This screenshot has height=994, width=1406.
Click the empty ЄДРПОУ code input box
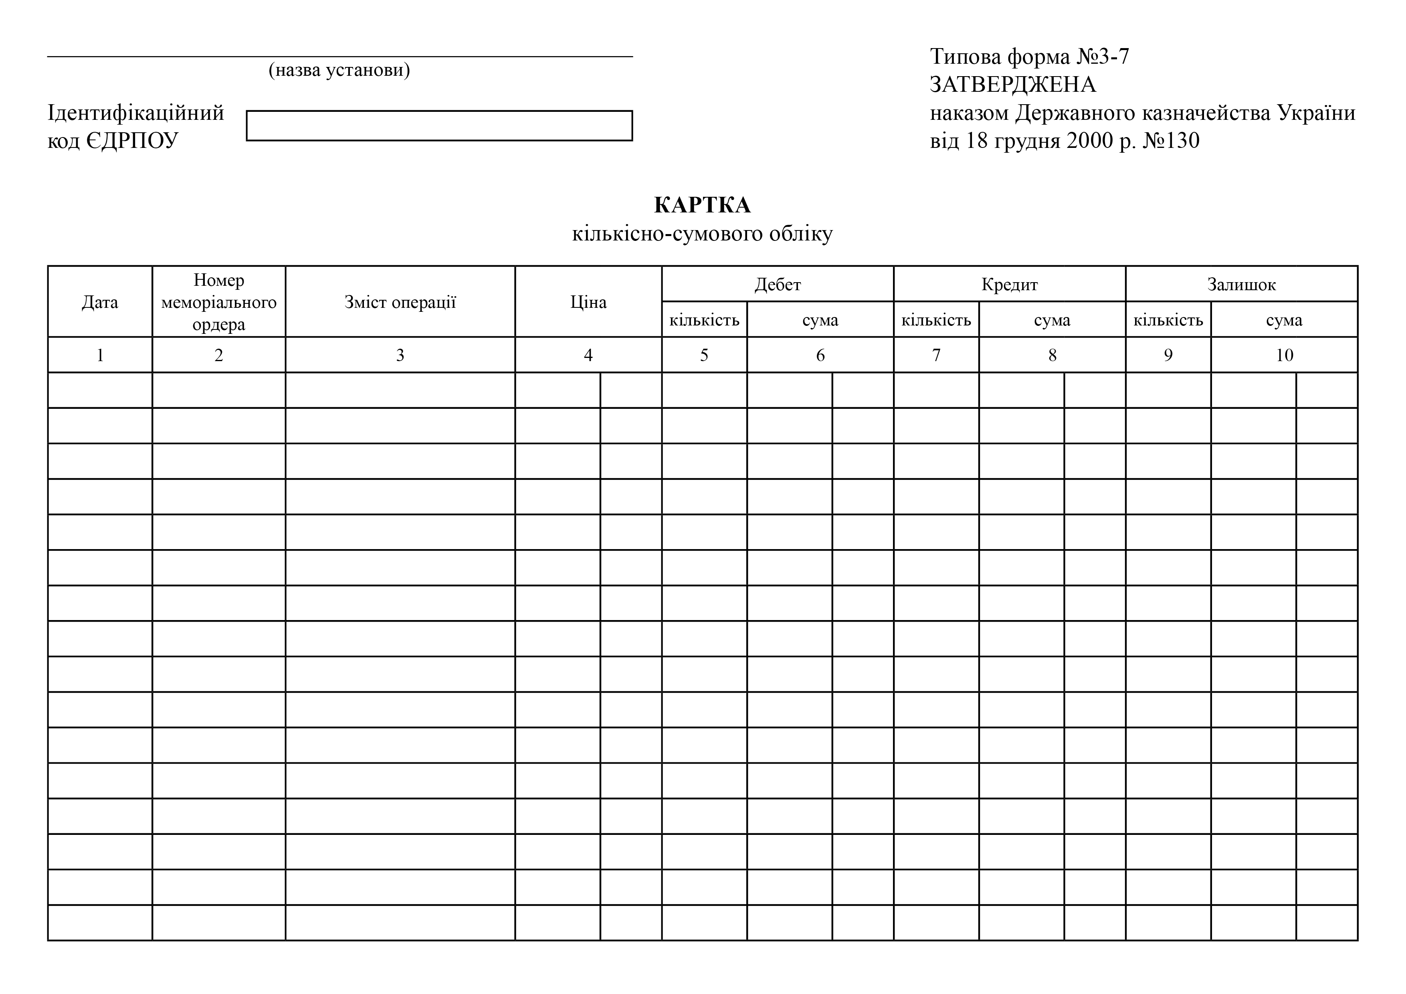(439, 125)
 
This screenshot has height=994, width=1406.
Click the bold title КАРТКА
(702, 205)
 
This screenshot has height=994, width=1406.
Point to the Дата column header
(100, 302)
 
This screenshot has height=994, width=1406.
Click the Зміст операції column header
(400, 302)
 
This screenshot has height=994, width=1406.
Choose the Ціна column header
(588, 302)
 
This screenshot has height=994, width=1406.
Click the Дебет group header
(778, 284)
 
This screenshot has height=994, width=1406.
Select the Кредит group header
(1009, 284)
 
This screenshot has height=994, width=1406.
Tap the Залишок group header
(1241, 284)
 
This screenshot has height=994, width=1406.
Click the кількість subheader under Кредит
(936, 320)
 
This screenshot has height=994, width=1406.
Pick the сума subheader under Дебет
(820, 320)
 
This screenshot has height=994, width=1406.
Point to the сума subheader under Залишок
(1284, 320)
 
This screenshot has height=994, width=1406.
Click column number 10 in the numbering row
(1284, 355)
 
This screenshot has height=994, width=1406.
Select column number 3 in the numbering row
(400, 355)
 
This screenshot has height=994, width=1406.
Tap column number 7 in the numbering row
(936, 355)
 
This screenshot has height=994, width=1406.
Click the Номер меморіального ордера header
(218, 302)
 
